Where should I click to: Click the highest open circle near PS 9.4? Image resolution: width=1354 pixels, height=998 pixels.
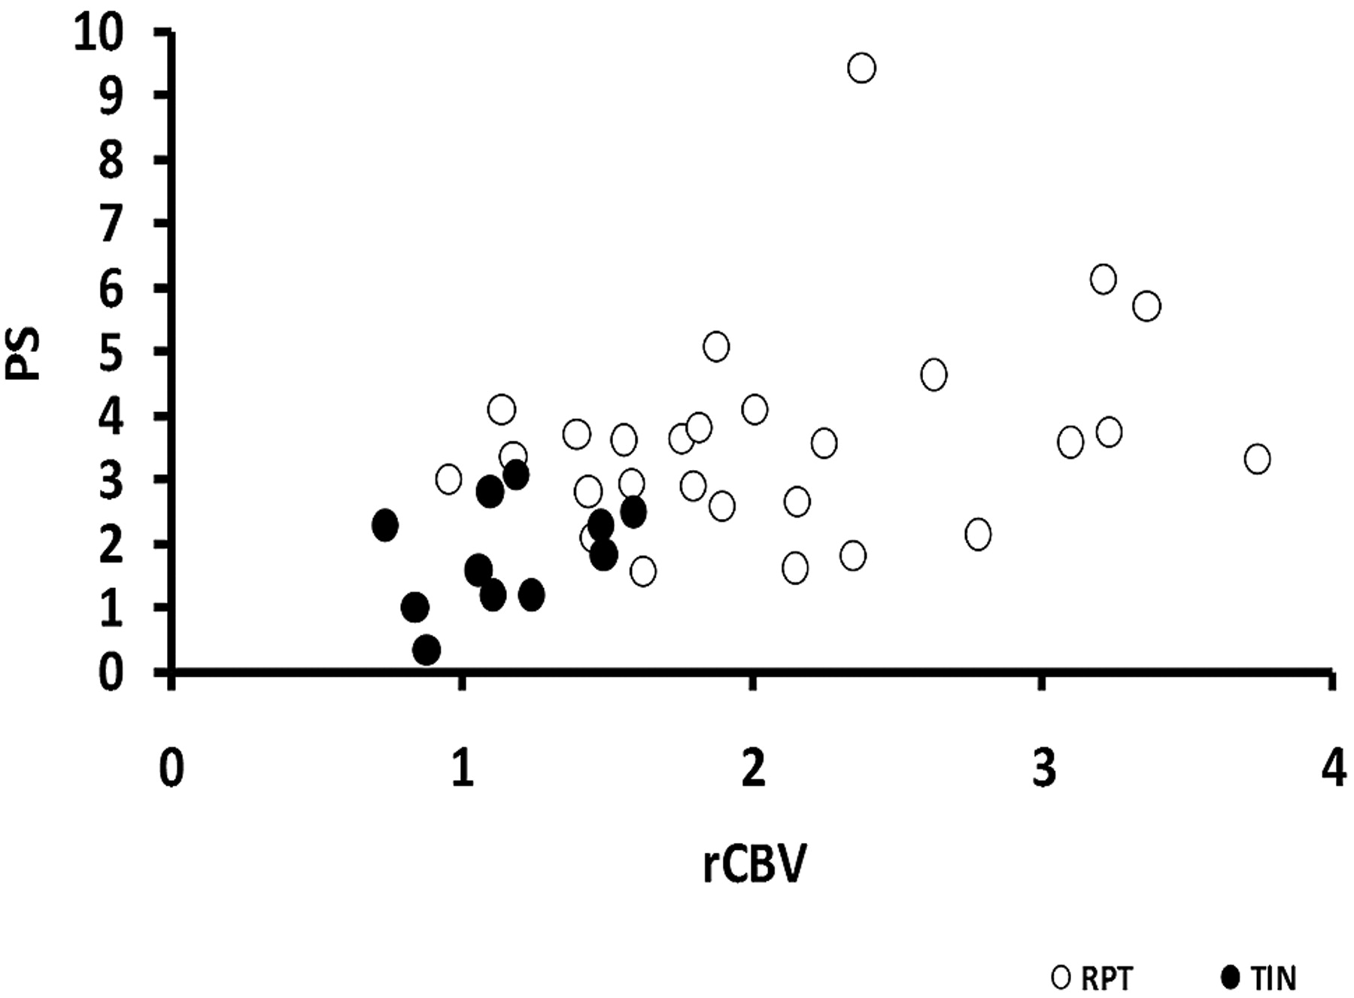(x=861, y=68)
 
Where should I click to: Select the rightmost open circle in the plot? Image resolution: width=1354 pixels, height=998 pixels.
(x=1257, y=459)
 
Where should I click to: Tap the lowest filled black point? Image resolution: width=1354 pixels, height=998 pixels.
(x=427, y=650)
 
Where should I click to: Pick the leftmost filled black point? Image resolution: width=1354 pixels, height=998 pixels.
(x=385, y=525)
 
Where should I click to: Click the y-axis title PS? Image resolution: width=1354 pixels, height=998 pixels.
(x=25, y=353)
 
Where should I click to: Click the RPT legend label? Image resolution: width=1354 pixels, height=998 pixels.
(x=1107, y=978)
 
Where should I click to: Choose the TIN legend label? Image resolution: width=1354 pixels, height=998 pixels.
(x=1274, y=978)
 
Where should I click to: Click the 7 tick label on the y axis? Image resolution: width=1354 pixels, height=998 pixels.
(x=111, y=224)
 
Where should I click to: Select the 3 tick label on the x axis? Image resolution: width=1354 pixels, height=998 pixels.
(x=1043, y=769)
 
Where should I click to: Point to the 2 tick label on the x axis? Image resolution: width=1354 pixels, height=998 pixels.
(x=753, y=769)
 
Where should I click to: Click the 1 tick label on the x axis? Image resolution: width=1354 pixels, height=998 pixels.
(x=463, y=769)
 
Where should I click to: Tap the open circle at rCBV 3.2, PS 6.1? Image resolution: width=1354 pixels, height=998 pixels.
(x=1103, y=280)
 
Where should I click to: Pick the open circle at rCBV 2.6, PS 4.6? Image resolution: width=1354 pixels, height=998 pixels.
(x=934, y=375)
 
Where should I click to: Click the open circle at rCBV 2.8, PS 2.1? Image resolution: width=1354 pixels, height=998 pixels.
(x=978, y=534)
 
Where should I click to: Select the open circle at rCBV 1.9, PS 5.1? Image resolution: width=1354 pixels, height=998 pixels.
(x=716, y=347)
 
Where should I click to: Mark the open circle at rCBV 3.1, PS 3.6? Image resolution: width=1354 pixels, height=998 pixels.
(x=1070, y=442)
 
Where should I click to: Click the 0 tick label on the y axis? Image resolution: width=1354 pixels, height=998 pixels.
(x=111, y=672)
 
